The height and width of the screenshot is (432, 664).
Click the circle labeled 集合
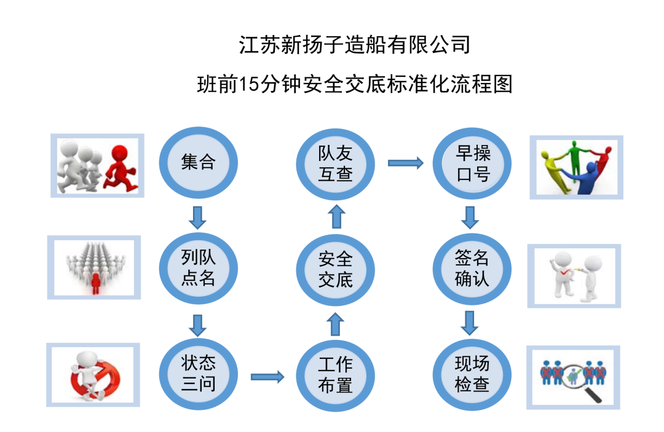click(x=199, y=162)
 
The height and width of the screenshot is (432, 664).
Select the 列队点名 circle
click(x=199, y=268)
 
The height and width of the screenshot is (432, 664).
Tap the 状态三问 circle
click(x=199, y=374)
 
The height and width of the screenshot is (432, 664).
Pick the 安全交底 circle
click(x=335, y=269)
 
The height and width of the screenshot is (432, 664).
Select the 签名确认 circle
click(x=472, y=269)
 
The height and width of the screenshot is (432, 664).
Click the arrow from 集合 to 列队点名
click(x=197, y=216)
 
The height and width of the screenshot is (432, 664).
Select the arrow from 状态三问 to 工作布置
click(x=267, y=376)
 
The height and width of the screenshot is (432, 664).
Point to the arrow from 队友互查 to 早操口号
click(x=405, y=163)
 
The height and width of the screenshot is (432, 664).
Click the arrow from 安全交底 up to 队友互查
click(x=335, y=217)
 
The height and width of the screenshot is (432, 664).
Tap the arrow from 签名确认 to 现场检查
click(x=471, y=322)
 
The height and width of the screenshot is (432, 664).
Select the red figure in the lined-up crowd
click(x=95, y=282)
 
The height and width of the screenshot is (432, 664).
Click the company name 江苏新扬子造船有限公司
click(x=355, y=45)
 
